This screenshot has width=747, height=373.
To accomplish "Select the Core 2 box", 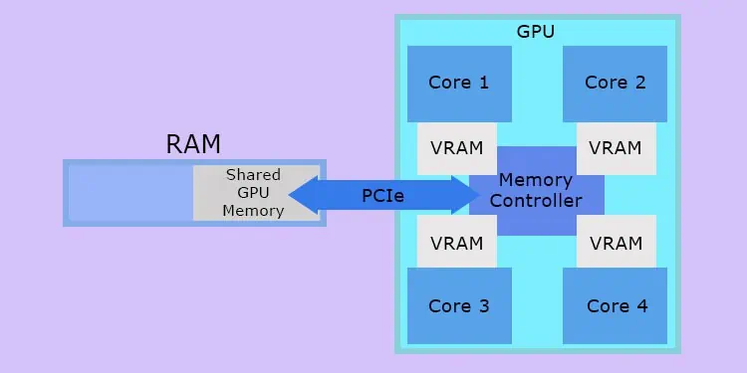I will [615, 83].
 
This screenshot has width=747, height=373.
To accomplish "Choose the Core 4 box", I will [615, 306].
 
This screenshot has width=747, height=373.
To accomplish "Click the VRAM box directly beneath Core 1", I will [456, 148].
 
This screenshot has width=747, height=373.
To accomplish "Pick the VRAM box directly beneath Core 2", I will [616, 148].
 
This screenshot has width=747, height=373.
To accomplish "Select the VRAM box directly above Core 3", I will [456, 243].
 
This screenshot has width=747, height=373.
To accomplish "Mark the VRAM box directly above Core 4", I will [616, 243].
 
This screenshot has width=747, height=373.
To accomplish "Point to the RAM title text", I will [193, 144].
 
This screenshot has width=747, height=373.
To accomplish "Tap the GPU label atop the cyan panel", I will [536, 31].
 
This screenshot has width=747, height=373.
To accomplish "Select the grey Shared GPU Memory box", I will [255, 193].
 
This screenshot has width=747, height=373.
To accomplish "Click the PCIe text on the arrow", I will [383, 196].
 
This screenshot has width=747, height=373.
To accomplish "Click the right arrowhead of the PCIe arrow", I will [466, 195].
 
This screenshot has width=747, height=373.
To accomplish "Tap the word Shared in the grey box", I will [253, 175].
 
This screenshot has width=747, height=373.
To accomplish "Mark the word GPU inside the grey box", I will [253, 193].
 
